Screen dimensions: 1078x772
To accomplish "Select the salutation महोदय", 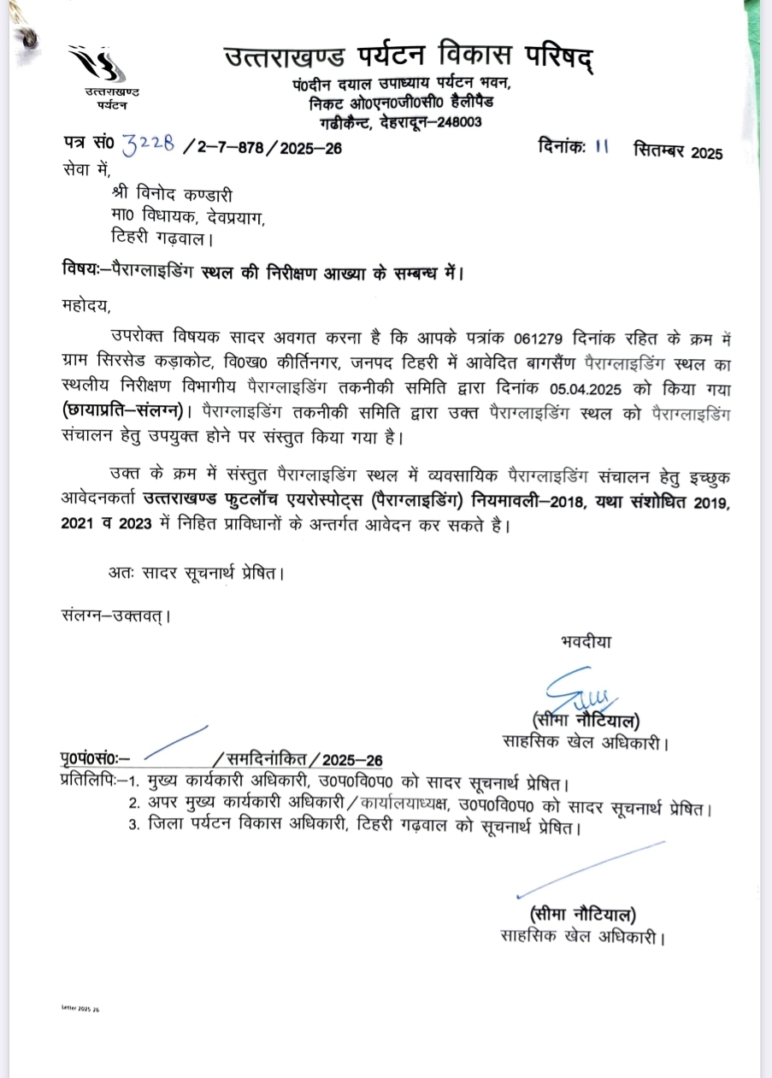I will point(86,303).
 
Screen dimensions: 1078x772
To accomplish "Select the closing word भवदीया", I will point(586,641).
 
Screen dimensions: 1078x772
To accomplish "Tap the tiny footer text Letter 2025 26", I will point(80,1009).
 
